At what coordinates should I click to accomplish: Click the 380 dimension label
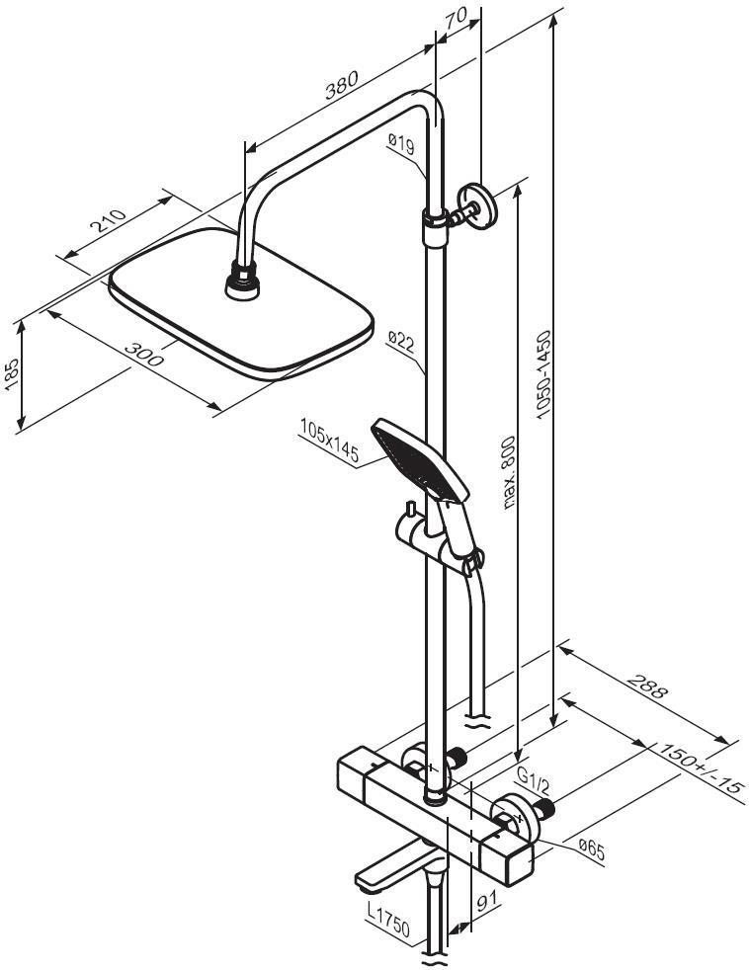pyautogui.click(x=342, y=85)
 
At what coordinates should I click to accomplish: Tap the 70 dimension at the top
pyautogui.click(x=456, y=19)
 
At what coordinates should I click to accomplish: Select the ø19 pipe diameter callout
pyautogui.click(x=401, y=145)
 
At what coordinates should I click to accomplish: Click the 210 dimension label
pyautogui.click(x=108, y=221)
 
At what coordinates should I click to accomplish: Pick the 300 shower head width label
pyautogui.click(x=144, y=354)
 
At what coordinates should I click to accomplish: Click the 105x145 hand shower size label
pyautogui.click(x=329, y=442)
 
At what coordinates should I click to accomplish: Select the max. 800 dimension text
pyautogui.click(x=508, y=472)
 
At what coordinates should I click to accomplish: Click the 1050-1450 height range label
pyautogui.click(x=543, y=375)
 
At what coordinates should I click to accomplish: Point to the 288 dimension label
pyautogui.click(x=647, y=687)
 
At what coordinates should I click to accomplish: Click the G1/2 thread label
pyautogui.click(x=533, y=782)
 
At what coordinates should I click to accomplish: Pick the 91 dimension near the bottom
pyautogui.click(x=488, y=900)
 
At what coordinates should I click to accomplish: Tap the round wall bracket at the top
pyautogui.click(x=477, y=205)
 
